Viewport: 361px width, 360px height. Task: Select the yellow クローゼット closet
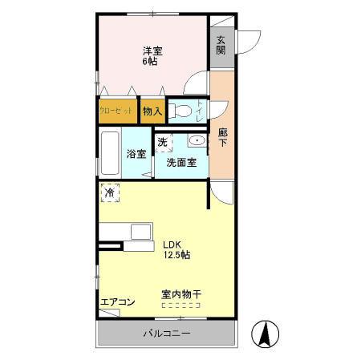click(117, 112)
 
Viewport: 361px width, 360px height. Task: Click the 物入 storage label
click(152, 112)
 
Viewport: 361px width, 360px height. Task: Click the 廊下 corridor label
click(222, 138)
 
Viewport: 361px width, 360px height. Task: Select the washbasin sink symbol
click(195, 141)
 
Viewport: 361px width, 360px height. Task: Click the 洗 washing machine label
click(162, 143)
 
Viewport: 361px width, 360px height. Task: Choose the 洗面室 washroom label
click(181, 162)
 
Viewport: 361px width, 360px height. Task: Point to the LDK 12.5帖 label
click(176, 249)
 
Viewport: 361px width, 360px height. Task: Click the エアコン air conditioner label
click(117, 302)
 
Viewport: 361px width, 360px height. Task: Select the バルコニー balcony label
click(167, 331)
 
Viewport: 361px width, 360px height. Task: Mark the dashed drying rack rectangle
click(181, 305)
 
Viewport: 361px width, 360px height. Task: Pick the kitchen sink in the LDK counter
click(142, 232)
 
